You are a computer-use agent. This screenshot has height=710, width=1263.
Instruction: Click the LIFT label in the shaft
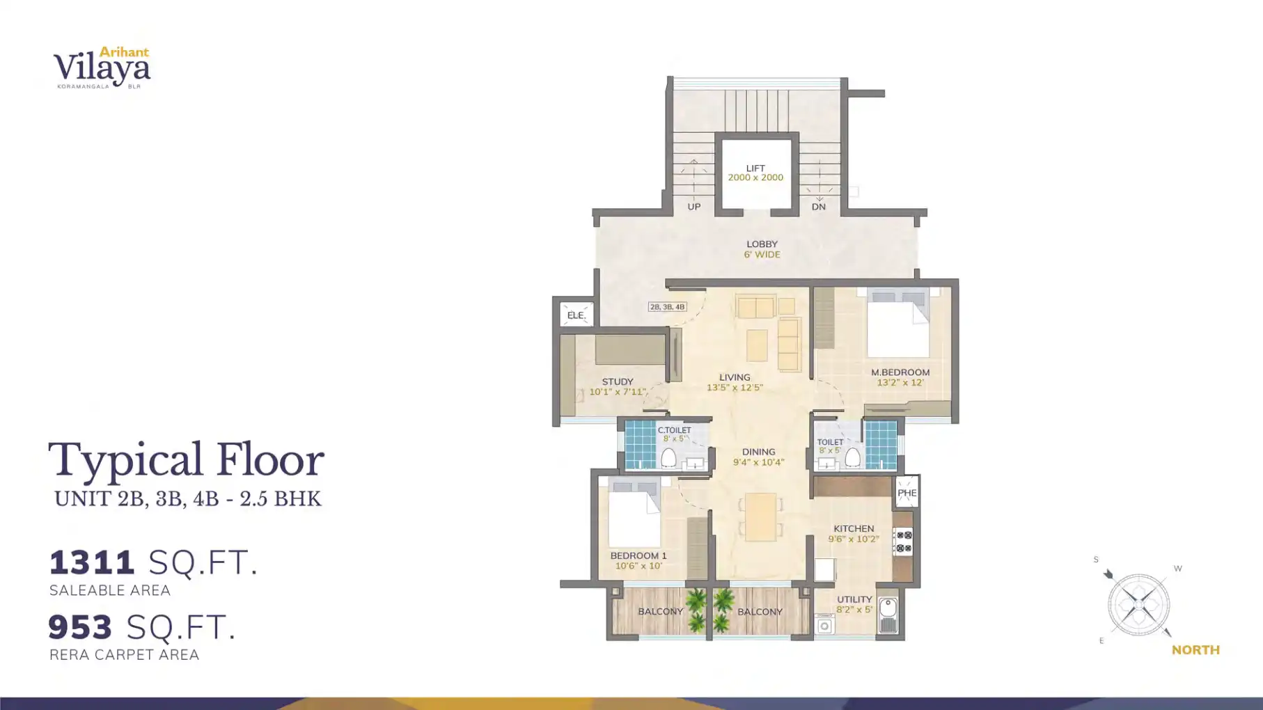(x=755, y=168)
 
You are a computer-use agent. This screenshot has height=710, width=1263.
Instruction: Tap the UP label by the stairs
(x=693, y=207)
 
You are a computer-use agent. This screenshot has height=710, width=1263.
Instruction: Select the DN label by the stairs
(x=818, y=207)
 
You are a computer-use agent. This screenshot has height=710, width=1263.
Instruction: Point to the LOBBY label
(x=762, y=244)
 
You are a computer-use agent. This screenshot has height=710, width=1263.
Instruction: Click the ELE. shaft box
(x=576, y=315)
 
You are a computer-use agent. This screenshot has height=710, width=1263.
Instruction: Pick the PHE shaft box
(x=907, y=493)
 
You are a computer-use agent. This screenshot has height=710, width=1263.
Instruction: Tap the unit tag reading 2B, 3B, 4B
(x=667, y=307)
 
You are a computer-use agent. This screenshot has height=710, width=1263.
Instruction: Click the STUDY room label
(x=618, y=381)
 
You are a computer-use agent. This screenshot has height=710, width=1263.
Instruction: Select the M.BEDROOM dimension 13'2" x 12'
(x=900, y=383)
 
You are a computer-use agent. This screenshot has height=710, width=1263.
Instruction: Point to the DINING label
(x=758, y=452)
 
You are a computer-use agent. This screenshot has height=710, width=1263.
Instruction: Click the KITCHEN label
(x=854, y=528)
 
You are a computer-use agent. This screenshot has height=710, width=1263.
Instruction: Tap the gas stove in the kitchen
(x=903, y=542)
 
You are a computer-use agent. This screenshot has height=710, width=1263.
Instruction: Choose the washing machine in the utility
(x=824, y=625)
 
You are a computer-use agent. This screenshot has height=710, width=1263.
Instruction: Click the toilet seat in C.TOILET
(x=668, y=457)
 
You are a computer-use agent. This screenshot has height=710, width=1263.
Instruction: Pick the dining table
(x=760, y=516)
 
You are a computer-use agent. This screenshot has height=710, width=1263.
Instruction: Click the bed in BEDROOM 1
(x=634, y=515)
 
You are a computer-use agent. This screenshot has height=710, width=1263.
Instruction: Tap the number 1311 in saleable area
(x=92, y=562)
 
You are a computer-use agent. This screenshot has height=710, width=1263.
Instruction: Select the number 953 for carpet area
(x=80, y=627)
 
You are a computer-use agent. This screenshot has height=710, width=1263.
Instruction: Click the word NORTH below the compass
(x=1195, y=650)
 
